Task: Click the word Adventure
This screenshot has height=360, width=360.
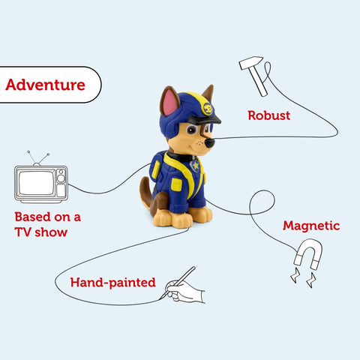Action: point(45,85)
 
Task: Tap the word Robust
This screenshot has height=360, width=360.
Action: point(268,116)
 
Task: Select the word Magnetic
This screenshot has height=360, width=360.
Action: point(310,225)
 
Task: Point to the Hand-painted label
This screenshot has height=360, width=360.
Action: point(112,283)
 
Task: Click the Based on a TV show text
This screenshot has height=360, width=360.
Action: point(47,224)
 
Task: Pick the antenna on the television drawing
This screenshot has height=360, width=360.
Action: point(37,157)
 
